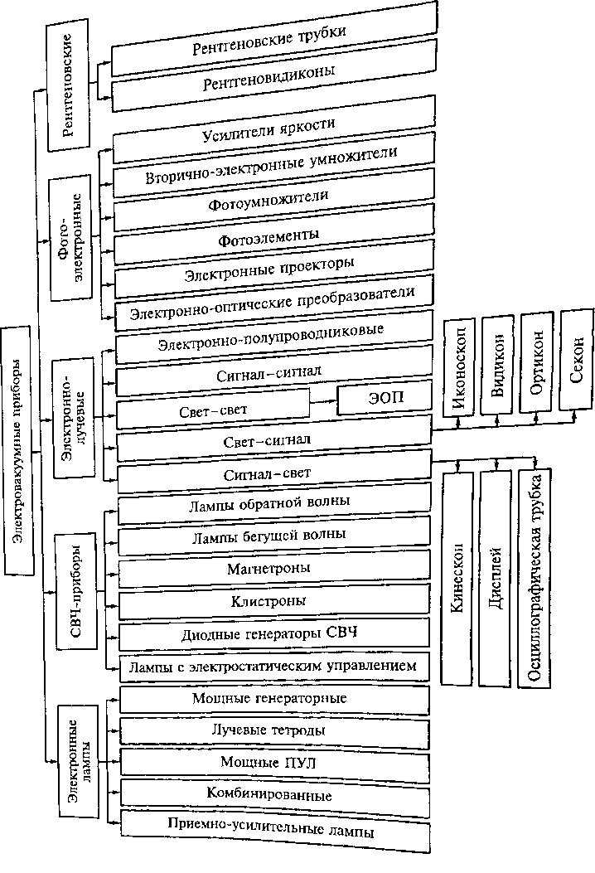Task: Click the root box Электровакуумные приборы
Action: coord(18,450)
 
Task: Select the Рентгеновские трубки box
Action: coord(273,39)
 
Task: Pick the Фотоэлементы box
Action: coord(273,236)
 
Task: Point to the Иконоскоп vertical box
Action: coord(459,367)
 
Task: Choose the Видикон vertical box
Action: coord(497,366)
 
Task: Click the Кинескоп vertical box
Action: coord(457,578)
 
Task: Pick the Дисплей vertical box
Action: coord(496,578)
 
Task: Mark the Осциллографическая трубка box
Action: coord(535,578)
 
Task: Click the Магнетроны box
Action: coord(274,569)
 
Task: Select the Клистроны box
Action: coord(274,602)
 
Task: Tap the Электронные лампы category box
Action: coord(79,762)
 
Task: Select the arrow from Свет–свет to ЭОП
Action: coord(323,401)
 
